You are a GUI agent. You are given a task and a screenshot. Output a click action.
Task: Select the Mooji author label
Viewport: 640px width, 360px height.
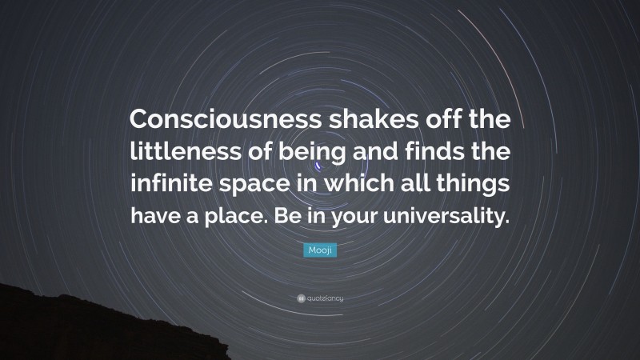(320, 251)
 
